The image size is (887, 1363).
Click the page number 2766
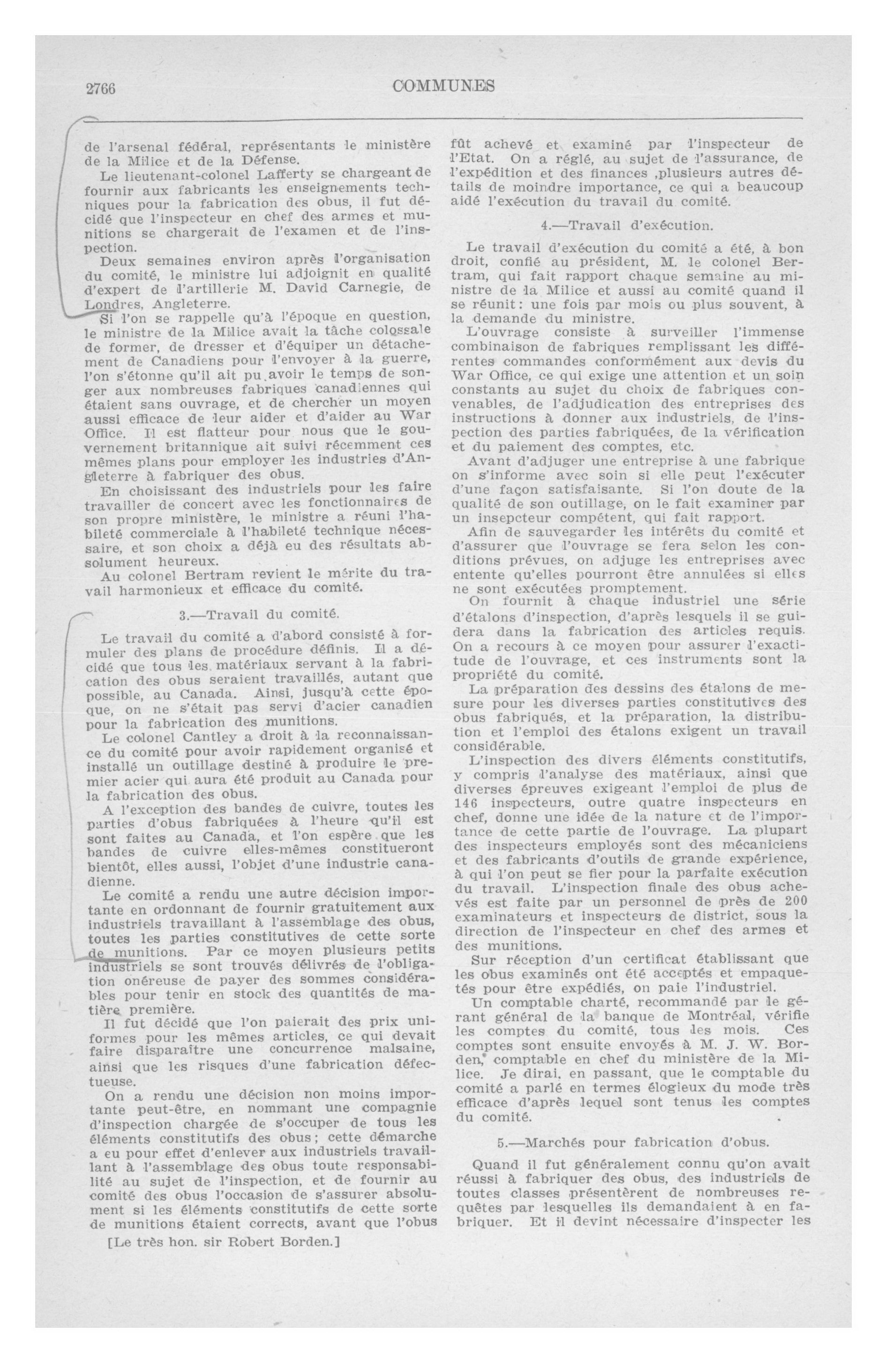coord(101,89)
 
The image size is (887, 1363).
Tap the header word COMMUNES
coord(443,86)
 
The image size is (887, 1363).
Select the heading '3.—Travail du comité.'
coord(260,615)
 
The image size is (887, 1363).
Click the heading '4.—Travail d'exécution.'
coord(627,225)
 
